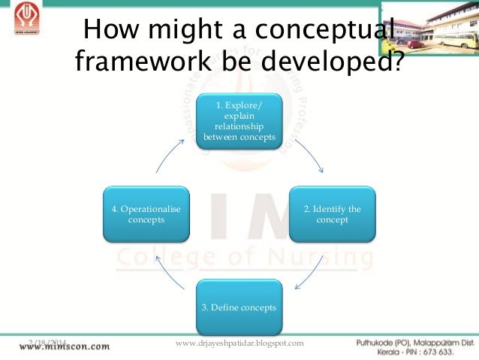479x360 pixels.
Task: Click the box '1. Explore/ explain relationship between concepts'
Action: tap(239, 121)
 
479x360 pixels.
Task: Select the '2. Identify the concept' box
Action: tap(331, 214)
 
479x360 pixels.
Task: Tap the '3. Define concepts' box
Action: tap(239, 307)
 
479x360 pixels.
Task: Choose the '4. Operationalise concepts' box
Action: tap(146, 214)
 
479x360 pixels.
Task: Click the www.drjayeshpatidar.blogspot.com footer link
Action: tap(239, 343)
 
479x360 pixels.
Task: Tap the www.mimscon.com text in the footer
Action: tap(65, 347)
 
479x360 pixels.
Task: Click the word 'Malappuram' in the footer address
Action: tap(428, 342)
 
